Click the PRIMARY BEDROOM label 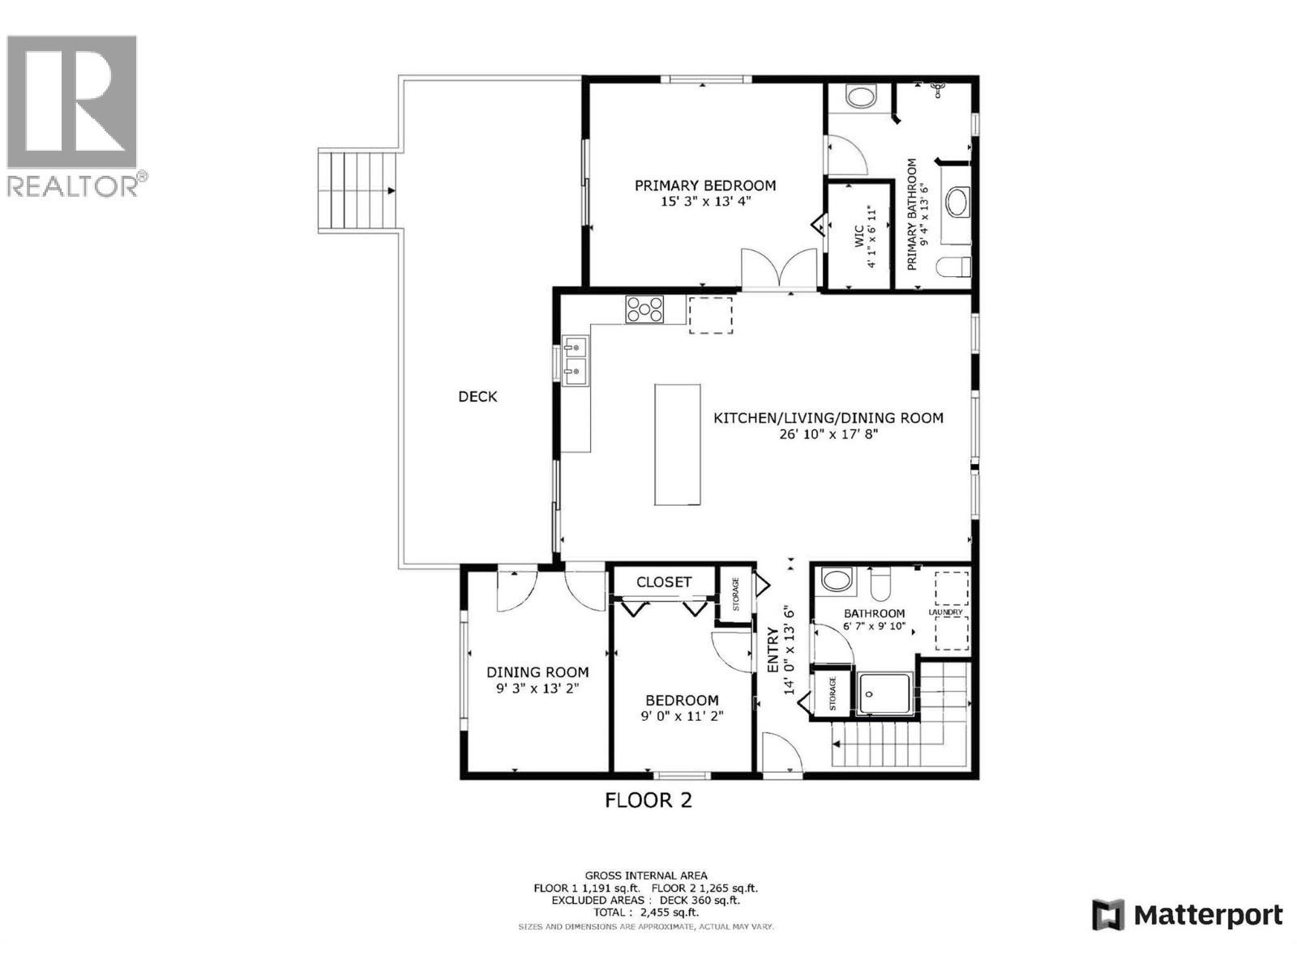[x=704, y=185]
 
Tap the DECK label [x=477, y=397]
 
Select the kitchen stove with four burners [x=644, y=309]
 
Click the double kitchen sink [x=576, y=360]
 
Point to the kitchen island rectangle [x=678, y=445]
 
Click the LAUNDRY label [x=945, y=612]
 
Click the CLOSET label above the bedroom [x=664, y=582]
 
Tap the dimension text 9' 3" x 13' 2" [x=537, y=688]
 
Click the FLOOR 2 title [x=648, y=801]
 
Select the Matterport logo [x=1188, y=915]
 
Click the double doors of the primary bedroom [x=779, y=269]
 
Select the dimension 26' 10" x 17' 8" [x=827, y=434]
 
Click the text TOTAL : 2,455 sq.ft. [x=646, y=912]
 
